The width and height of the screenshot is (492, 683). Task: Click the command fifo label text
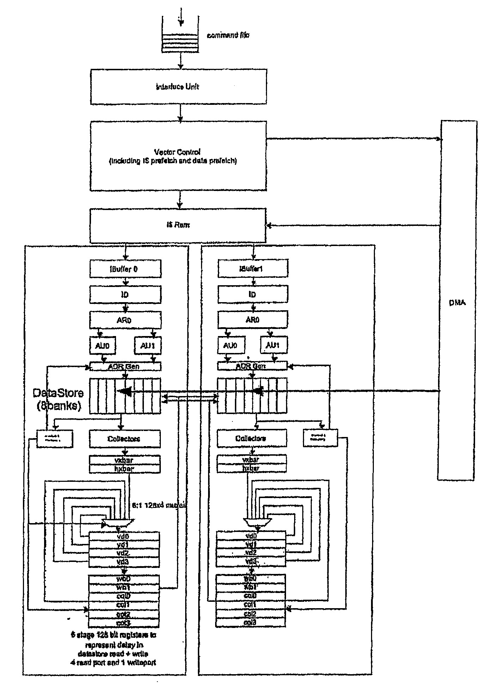[x=228, y=35]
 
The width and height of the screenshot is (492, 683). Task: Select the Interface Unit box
[x=178, y=87]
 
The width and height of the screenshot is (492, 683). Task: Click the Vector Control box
[x=178, y=156]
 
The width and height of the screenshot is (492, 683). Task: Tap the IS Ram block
[x=178, y=225]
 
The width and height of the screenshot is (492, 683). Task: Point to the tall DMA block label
[x=457, y=302]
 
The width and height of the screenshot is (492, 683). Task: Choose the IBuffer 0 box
[x=126, y=269]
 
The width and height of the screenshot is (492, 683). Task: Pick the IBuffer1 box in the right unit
[x=253, y=269]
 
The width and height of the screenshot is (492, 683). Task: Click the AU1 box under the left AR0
[x=147, y=346]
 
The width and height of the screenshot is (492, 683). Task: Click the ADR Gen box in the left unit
[x=126, y=366]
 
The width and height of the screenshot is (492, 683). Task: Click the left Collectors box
[x=124, y=439]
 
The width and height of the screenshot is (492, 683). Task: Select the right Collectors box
[x=251, y=438]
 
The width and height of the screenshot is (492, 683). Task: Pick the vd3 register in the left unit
[x=124, y=562]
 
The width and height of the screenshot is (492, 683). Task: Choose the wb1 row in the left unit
[x=124, y=587]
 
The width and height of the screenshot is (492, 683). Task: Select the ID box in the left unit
[x=126, y=295]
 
